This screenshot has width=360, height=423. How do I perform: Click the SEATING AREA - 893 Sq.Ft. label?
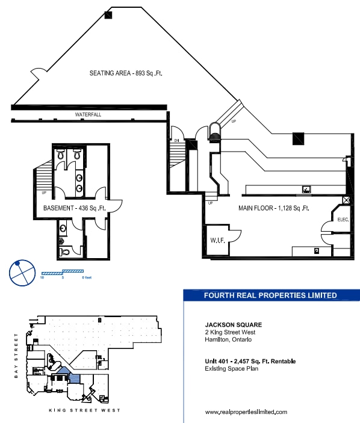tap(126, 73)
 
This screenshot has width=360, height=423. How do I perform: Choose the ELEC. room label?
tap(343, 220)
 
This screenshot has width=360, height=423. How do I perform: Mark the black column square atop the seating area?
tap(108, 15)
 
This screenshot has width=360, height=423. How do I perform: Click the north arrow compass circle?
tap(21, 272)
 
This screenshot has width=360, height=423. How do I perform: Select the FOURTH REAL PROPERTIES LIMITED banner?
tap(270, 295)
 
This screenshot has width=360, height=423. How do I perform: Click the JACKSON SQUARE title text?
tap(225, 325)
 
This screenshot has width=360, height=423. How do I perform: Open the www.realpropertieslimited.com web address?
tap(246, 412)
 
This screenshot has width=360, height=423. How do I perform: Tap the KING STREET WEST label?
tap(84, 410)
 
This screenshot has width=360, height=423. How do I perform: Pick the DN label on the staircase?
tap(177, 140)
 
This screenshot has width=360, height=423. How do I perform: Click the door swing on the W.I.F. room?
tap(235, 233)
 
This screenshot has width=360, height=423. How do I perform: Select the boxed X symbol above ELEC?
tap(346, 200)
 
